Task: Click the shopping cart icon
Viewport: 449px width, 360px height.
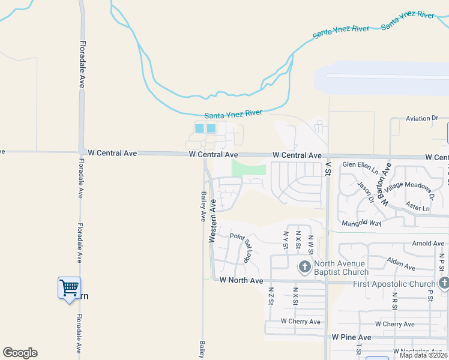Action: tap(69, 288)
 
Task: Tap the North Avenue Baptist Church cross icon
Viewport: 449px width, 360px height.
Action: tap(304, 266)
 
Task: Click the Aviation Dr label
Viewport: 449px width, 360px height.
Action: tap(422, 119)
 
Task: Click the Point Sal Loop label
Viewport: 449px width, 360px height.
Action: tap(241, 248)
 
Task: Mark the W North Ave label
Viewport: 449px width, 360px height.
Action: tap(241, 280)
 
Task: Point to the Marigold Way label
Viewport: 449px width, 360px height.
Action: tap(361, 223)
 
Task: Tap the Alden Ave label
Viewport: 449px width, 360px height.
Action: tap(401, 263)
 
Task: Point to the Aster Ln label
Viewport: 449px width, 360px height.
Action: tap(418, 208)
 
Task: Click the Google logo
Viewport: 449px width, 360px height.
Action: tap(20, 353)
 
